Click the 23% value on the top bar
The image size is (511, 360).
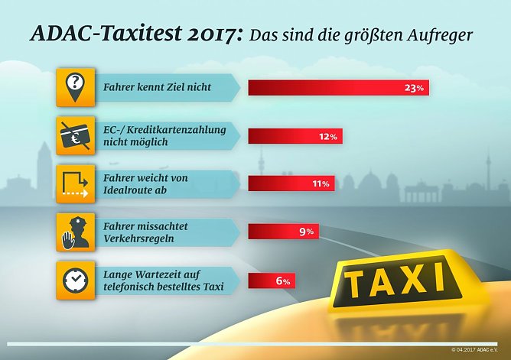[414, 88]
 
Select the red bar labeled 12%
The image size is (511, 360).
[295, 136]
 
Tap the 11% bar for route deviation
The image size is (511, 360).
[290, 183]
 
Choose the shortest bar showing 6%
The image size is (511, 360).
[271, 281]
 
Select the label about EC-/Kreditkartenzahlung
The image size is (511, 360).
[164, 135]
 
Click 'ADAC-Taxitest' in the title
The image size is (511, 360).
[94, 34]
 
